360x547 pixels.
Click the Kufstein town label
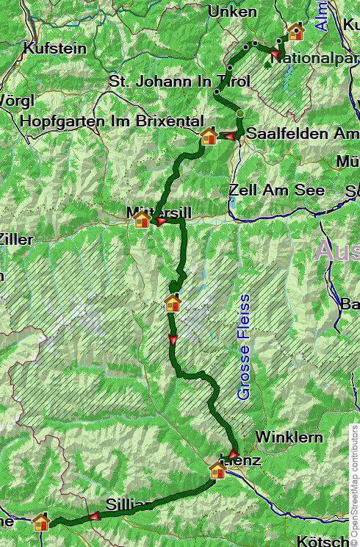click(55, 49)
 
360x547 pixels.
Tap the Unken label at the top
click(232, 11)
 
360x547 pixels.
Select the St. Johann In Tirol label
click(179, 81)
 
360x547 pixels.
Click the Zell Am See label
click(276, 190)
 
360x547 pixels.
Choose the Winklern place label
click(289, 437)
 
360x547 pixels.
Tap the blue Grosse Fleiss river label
click(244, 347)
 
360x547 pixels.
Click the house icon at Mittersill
click(143, 220)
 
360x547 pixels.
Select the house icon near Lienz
click(217, 469)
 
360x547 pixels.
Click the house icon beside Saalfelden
click(209, 136)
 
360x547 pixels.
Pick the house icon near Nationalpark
click(296, 32)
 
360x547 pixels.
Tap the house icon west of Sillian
click(41, 522)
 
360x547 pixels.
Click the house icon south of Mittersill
click(173, 303)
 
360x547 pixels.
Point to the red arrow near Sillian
click(95, 516)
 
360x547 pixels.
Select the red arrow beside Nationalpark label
click(276, 54)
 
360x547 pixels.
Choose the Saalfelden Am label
click(302, 134)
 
